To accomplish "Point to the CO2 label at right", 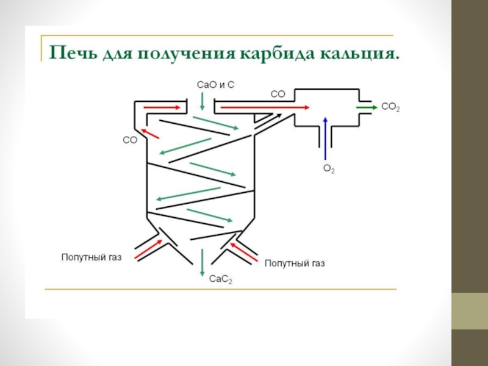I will (390, 107).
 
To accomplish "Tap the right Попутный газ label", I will (294, 264).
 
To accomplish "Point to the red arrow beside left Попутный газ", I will (146, 248).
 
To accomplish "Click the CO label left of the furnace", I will (130, 140).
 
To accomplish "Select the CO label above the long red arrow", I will (278, 94).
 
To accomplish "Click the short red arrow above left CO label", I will (149, 132).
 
